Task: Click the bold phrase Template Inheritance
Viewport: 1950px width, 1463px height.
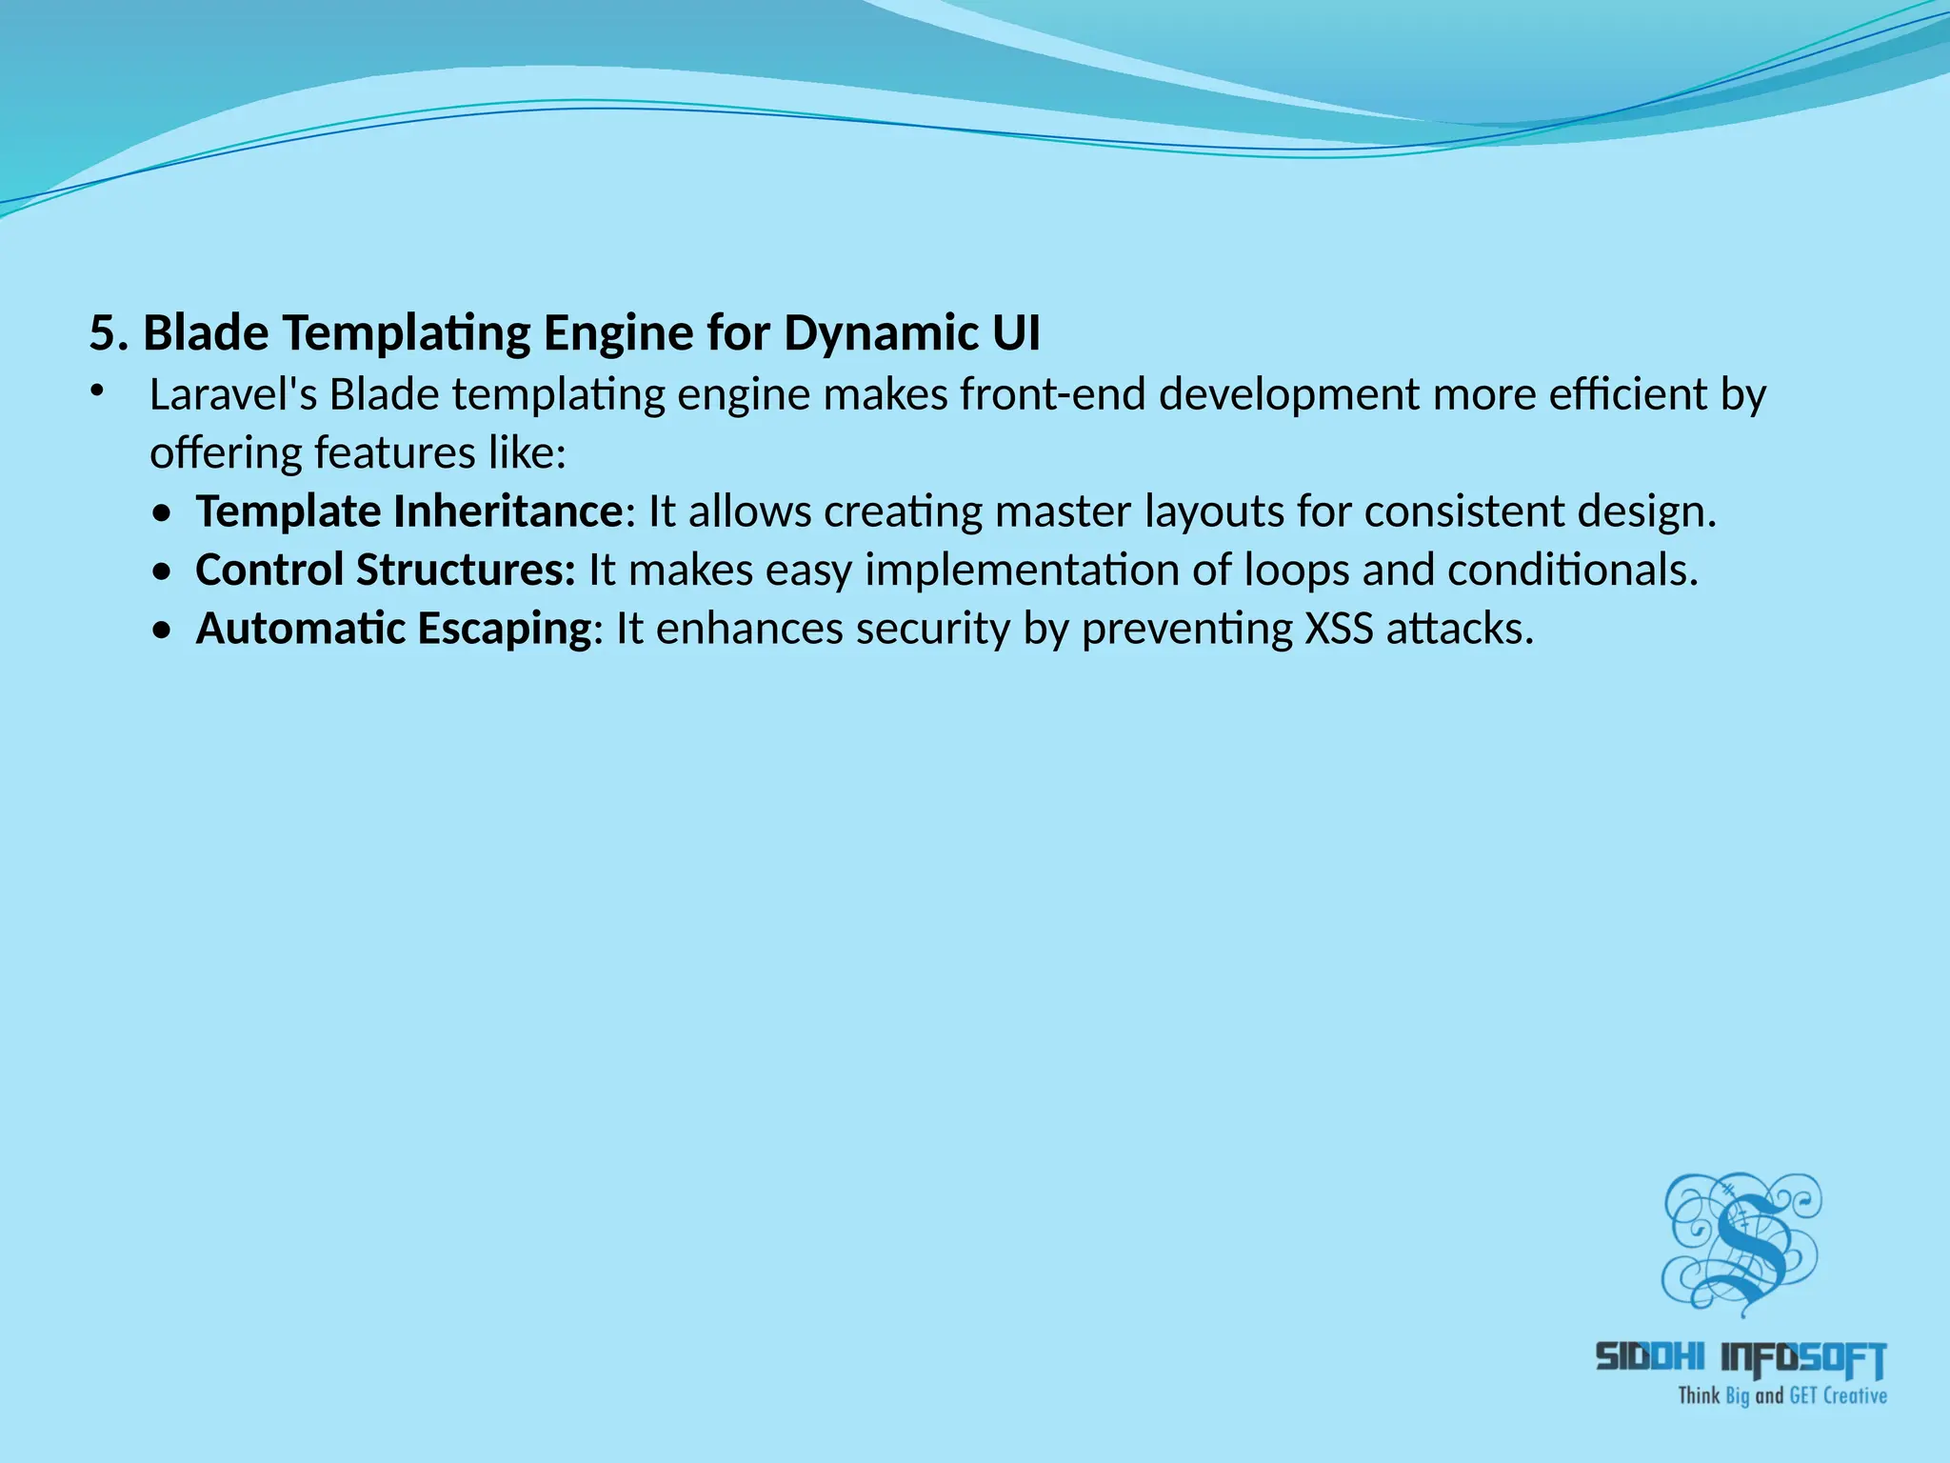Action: click(409, 511)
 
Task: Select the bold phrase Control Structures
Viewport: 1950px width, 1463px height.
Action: click(385, 570)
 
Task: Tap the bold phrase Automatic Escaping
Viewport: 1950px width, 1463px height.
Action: click(394, 629)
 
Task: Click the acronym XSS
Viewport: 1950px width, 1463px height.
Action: click(1339, 629)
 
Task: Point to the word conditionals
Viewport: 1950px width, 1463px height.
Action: click(1572, 570)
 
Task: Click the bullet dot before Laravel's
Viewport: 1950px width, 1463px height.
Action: click(95, 391)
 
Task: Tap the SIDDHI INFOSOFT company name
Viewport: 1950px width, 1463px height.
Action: click(1740, 1358)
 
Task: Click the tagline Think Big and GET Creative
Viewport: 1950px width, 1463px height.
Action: click(1781, 1396)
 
